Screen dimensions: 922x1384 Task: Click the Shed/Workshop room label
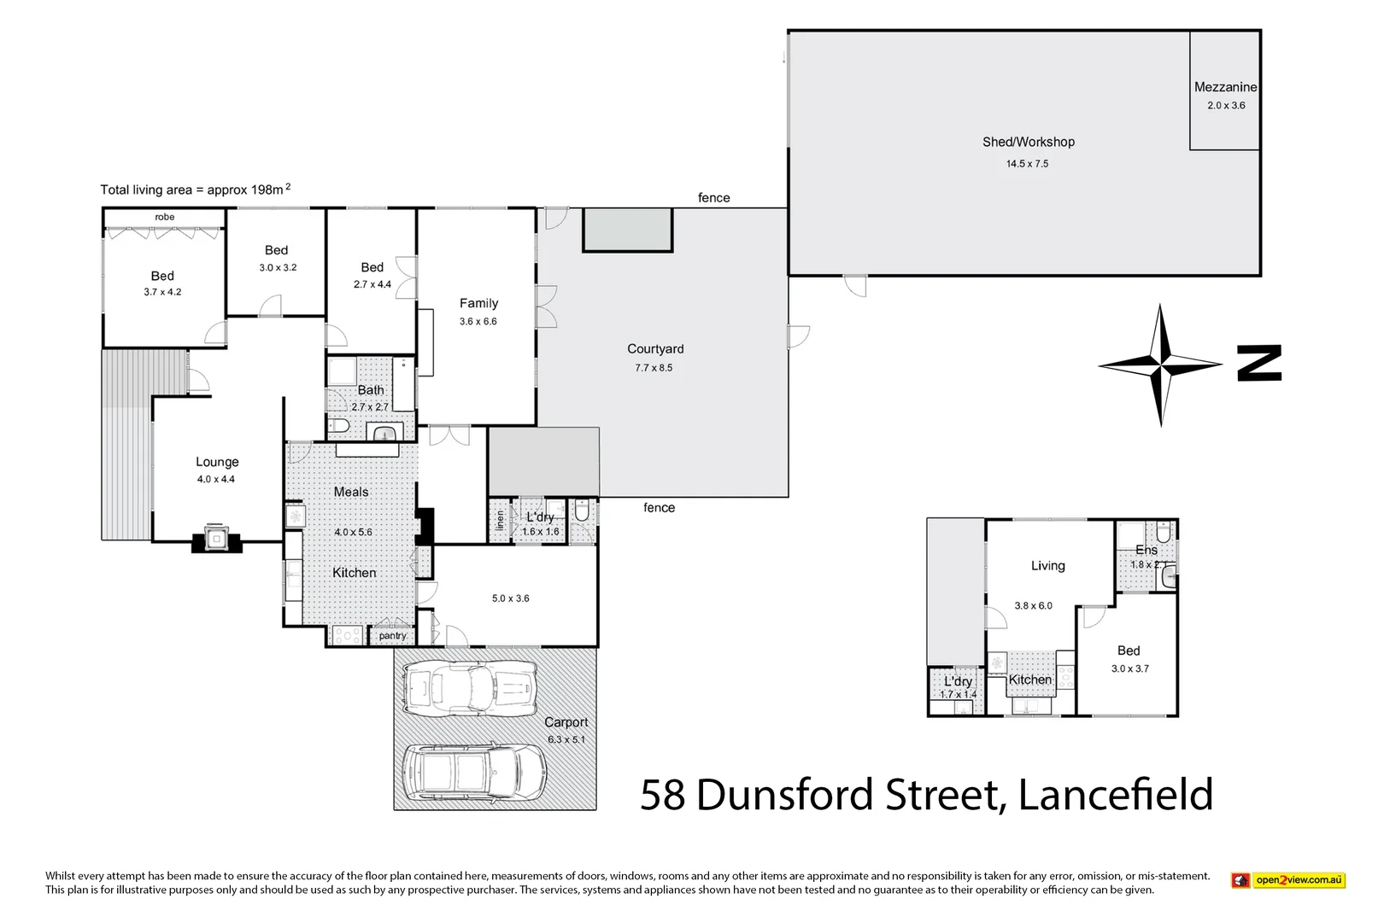[1028, 142]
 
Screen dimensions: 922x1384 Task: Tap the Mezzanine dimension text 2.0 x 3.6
[1226, 106]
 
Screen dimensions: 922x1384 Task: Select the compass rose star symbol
[1159, 365]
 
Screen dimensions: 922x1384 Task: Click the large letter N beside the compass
[1259, 363]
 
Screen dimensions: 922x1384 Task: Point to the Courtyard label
[655, 348]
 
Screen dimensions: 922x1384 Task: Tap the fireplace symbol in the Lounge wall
[215, 538]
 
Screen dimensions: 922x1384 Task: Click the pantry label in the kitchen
[392, 635]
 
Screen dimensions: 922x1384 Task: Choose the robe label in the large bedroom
[164, 217]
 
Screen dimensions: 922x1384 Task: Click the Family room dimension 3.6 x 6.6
[478, 322]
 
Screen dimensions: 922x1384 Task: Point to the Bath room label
[371, 390]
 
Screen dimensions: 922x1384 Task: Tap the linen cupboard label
[500, 520]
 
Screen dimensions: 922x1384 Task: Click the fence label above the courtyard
[713, 198]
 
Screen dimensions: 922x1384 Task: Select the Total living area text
[195, 190]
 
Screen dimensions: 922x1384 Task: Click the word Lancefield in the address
[1115, 795]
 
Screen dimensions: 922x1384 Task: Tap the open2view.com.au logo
[1288, 880]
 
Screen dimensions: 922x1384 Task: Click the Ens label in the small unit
[1146, 550]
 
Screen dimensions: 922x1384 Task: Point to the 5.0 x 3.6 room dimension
[510, 598]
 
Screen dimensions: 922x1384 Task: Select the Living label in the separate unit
[1047, 565]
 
